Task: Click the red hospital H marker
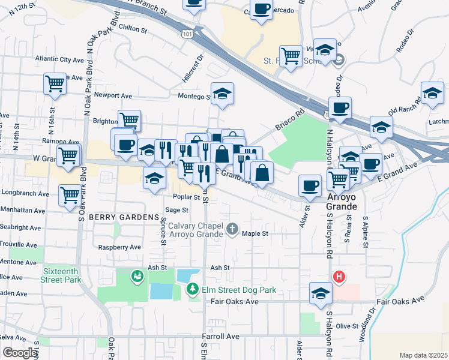tap(339, 277)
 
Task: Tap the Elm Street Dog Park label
tap(238, 290)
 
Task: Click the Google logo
tap(20, 353)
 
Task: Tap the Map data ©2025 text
tap(423, 355)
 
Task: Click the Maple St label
tap(254, 234)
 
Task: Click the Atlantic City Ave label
tap(59, 60)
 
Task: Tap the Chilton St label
tap(133, 29)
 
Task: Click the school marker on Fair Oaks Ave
tap(321, 293)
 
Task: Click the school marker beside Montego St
tap(222, 94)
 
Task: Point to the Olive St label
tap(347, 326)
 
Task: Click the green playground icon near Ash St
tap(137, 276)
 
